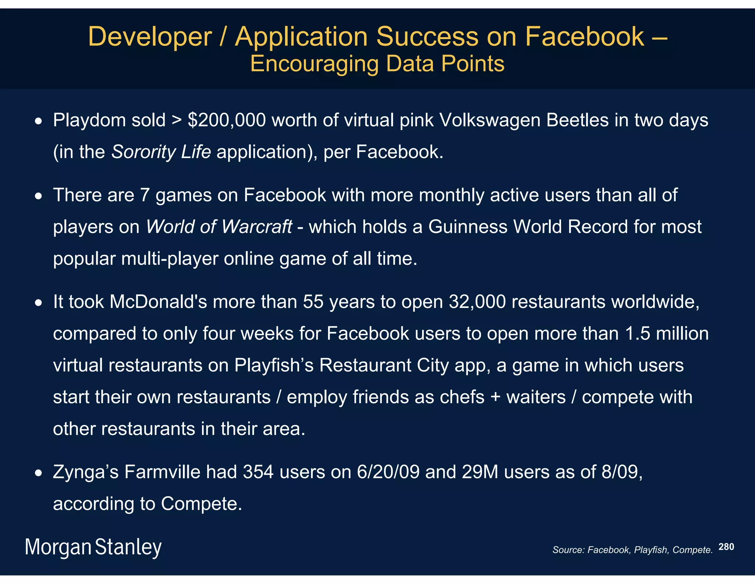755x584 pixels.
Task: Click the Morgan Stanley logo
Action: tap(93, 547)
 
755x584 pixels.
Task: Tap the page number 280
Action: tap(726, 547)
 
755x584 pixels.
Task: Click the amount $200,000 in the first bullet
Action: tap(227, 120)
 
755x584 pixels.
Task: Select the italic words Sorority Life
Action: tap(161, 152)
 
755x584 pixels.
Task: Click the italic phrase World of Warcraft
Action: tap(219, 226)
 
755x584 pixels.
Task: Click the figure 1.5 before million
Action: tap(637, 333)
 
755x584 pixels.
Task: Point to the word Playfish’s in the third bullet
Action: tap(274, 365)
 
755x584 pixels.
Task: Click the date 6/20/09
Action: tap(388, 472)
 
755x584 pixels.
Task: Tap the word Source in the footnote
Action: tap(568, 550)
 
